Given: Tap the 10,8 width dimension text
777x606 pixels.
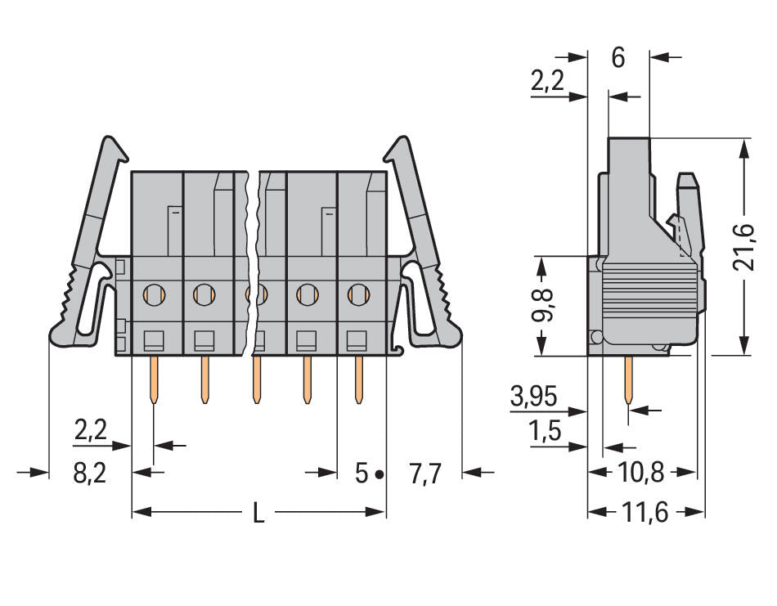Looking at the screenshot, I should (641, 472).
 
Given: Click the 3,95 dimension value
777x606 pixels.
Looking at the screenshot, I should (533, 398).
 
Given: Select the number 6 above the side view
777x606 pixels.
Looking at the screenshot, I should (618, 58).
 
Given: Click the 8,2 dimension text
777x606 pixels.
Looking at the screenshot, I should (90, 474).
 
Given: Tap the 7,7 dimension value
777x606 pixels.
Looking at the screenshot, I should (424, 474).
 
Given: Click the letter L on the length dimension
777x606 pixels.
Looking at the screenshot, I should (258, 514).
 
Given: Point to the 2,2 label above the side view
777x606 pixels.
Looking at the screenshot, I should (547, 81).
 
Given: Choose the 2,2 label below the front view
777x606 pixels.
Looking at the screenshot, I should (90, 431).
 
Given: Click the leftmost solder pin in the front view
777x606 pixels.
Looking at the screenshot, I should (154, 380).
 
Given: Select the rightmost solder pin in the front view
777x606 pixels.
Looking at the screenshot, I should (358, 380).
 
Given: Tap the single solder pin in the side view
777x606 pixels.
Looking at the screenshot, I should (628, 383).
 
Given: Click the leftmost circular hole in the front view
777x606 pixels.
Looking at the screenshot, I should (154, 292).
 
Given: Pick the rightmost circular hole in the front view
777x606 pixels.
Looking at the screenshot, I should (357, 292).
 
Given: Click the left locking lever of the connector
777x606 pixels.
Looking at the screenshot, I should (86, 254).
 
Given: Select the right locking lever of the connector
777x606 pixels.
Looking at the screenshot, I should (424, 254).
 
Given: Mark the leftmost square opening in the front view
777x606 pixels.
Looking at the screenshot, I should (154, 339).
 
